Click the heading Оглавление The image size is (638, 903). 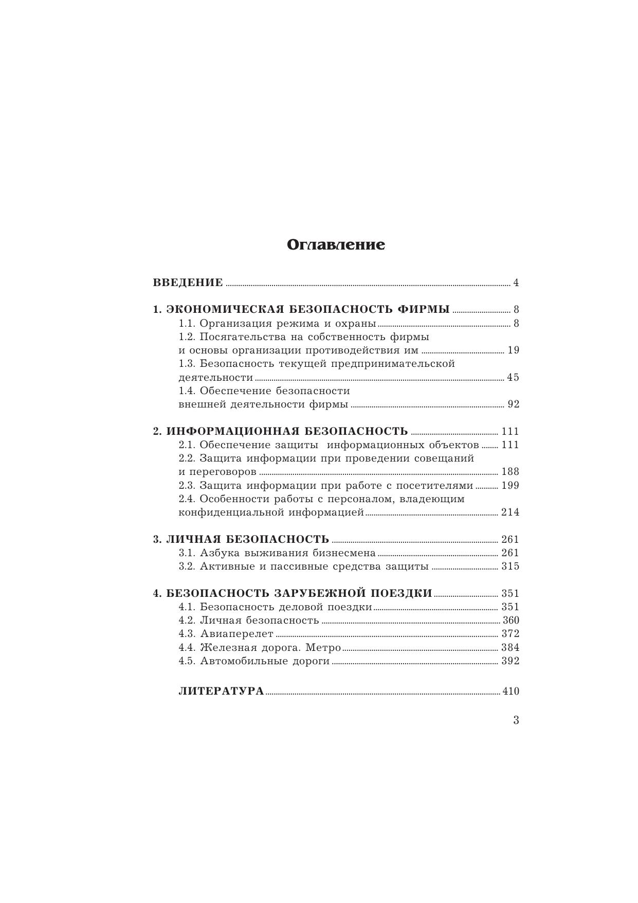(x=336, y=245)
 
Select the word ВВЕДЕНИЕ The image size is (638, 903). (x=188, y=282)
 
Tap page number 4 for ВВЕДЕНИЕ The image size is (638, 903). (x=516, y=282)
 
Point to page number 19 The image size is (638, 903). (x=513, y=350)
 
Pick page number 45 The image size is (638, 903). (x=513, y=378)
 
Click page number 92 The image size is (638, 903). (x=513, y=404)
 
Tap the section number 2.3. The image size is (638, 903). (x=187, y=486)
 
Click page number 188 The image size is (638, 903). (x=511, y=472)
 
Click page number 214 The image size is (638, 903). (x=511, y=512)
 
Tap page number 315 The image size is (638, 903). (x=511, y=566)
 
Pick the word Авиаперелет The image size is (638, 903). (x=236, y=634)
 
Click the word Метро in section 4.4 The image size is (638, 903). (x=325, y=647)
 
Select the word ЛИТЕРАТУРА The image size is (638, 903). (x=221, y=691)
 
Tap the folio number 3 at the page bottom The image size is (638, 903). (x=516, y=720)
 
